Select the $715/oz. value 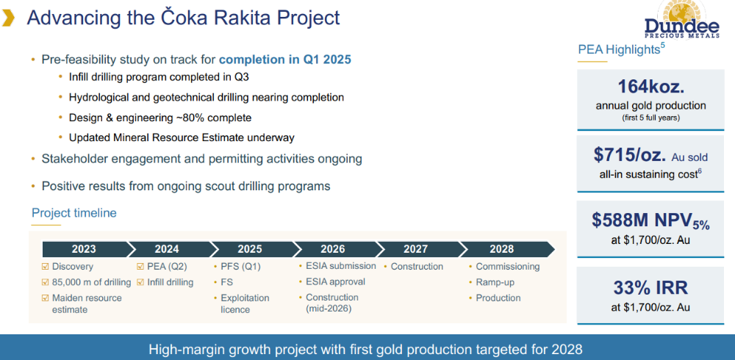point(630,155)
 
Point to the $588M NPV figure point(650,220)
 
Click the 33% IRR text point(650,287)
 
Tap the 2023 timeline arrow point(85,249)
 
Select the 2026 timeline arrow point(333,249)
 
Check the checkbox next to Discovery point(46,267)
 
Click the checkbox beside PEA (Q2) point(140,267)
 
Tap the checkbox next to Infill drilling point(140,283)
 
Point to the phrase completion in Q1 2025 point(285,60)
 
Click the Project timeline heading point(74,213)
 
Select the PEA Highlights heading point(619,49)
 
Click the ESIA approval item point(336,281)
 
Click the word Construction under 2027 point(417,267)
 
